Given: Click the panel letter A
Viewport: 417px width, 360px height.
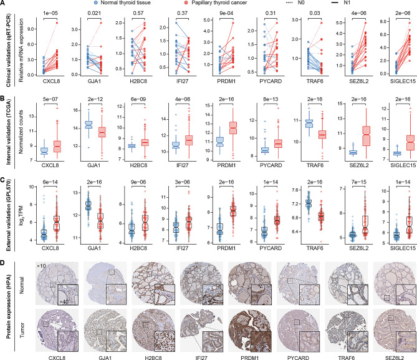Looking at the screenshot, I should [4, 4].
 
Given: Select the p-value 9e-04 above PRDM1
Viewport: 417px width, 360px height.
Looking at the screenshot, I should [225, 13].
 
